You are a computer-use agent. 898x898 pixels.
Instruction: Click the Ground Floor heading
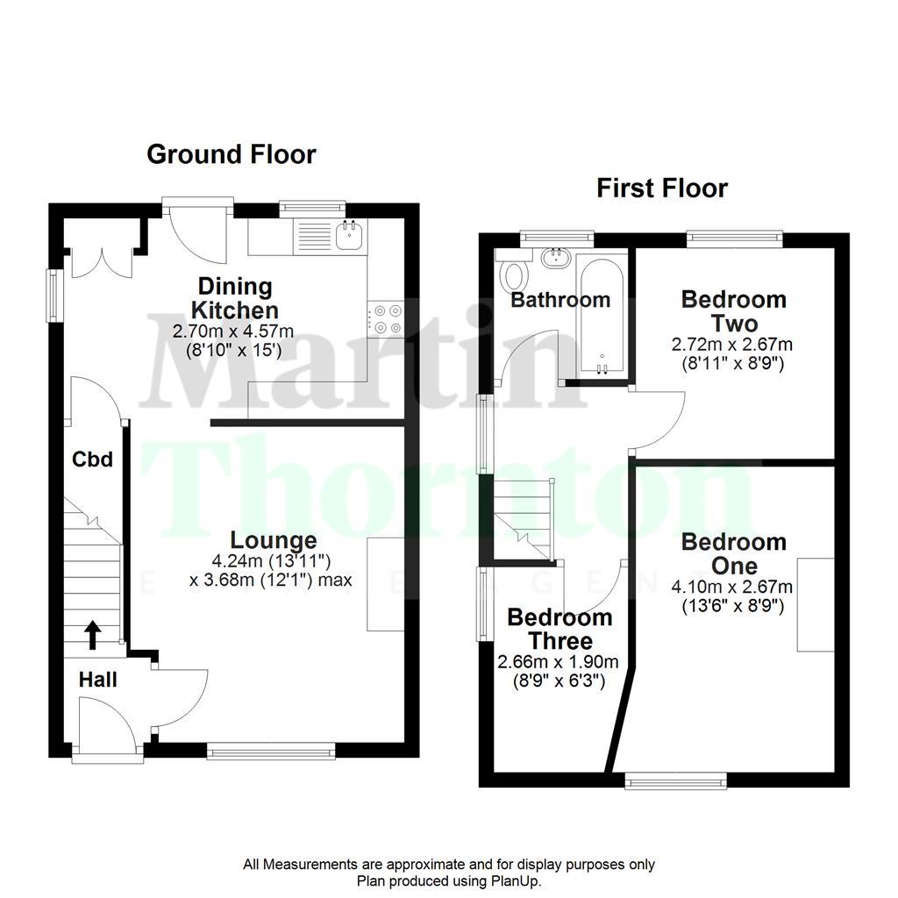point(231,154)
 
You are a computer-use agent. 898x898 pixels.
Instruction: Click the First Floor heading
point(662,188)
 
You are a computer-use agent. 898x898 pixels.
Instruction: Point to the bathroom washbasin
point(554,258)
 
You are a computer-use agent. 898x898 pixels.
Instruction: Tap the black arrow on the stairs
point(92,634)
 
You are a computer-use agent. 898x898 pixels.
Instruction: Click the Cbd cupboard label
point(92,459)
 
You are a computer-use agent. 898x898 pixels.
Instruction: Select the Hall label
point(98,679)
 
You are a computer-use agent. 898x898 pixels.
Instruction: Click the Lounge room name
point(274,540)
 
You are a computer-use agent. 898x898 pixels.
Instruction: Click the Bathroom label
point(560,300)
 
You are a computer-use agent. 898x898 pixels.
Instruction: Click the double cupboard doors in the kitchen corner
point(103,260)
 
